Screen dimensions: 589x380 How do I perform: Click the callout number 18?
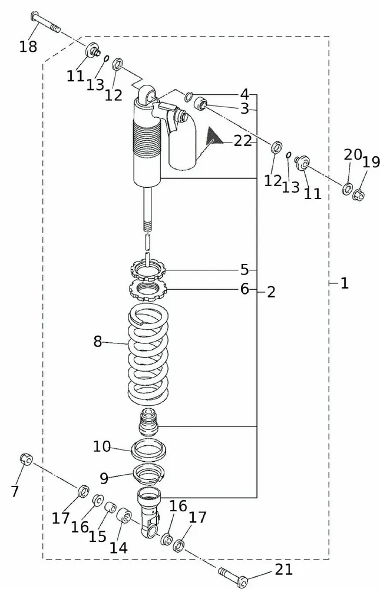point(28,47)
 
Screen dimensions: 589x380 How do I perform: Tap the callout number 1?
point(344,283)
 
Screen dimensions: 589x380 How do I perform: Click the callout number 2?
point(270,292)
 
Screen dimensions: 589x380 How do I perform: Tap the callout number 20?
point(352,155)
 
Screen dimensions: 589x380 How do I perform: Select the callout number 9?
point(104,478)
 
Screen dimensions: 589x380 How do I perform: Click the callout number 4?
point(244,94)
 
